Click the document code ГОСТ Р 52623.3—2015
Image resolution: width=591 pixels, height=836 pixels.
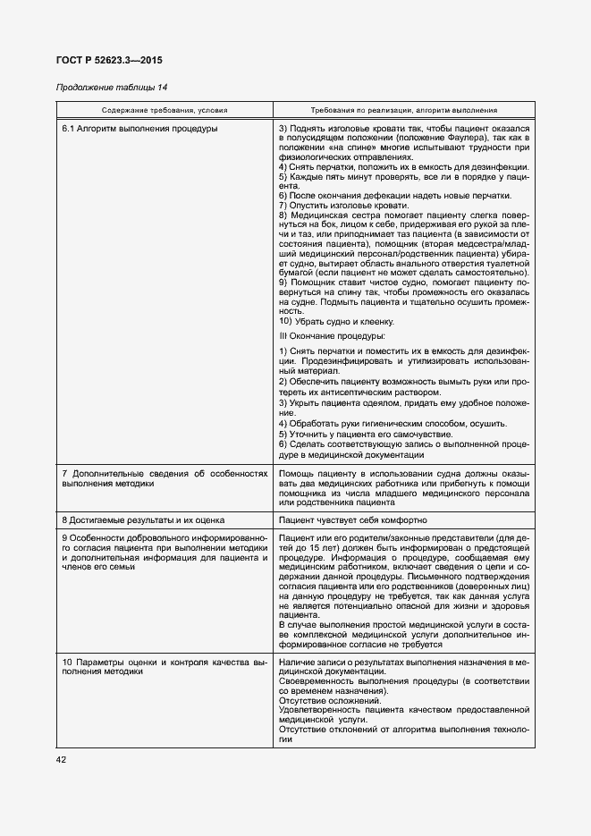point(109,60)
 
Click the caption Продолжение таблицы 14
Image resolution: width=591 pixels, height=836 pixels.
point(112,88)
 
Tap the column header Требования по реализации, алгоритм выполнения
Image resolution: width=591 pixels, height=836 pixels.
point(404,110)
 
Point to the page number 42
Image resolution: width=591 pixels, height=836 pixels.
point(62,759)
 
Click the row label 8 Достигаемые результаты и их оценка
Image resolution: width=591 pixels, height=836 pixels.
point(142,519)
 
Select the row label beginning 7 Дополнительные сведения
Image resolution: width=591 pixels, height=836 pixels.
point(165,477)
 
